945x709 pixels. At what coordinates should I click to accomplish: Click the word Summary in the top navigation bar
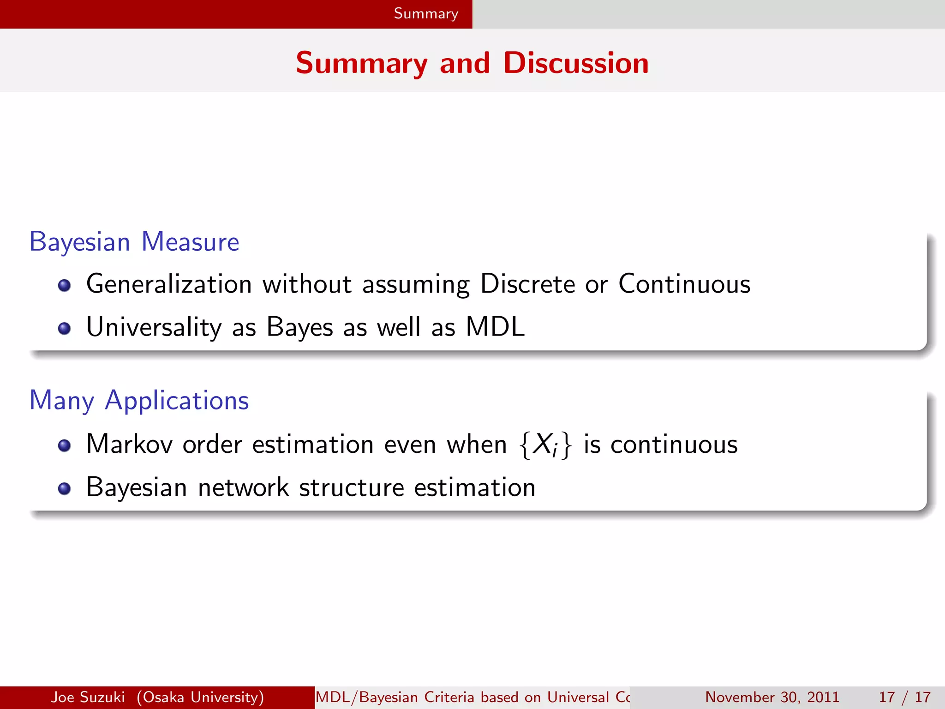426,14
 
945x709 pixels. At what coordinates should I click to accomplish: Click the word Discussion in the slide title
575,63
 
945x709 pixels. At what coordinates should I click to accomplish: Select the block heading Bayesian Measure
134,242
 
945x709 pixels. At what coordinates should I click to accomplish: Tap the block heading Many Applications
139,400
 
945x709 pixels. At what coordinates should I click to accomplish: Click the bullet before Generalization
64,285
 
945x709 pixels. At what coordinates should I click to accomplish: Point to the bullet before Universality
64,328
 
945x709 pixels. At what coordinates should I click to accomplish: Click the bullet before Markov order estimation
64,445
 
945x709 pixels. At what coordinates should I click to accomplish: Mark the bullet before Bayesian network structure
64,488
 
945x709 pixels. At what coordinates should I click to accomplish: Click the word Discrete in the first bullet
527,284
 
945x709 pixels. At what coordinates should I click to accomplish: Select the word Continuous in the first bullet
684,284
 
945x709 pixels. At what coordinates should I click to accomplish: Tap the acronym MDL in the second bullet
495,327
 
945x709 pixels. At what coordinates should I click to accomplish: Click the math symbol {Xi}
545,445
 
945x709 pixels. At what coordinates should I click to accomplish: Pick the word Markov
129,444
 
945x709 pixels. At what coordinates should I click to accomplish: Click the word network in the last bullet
243,487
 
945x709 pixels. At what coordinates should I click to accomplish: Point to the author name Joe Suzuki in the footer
88,697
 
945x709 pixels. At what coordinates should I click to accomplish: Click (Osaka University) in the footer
200,697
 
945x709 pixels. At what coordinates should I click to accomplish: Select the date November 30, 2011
772,697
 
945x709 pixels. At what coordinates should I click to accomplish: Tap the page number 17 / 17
904,697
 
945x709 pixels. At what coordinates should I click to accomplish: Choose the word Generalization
169,284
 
